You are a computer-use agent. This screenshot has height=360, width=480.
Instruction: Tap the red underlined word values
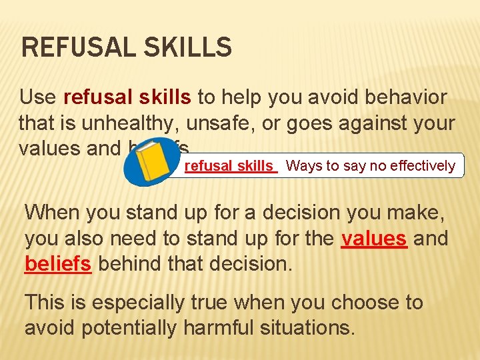373,239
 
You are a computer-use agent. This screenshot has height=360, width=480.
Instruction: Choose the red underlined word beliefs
57,263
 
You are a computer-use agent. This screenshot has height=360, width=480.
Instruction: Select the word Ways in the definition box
303,166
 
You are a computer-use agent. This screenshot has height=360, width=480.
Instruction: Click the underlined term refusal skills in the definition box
229,166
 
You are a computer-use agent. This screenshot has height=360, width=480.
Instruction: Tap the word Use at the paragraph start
37,97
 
